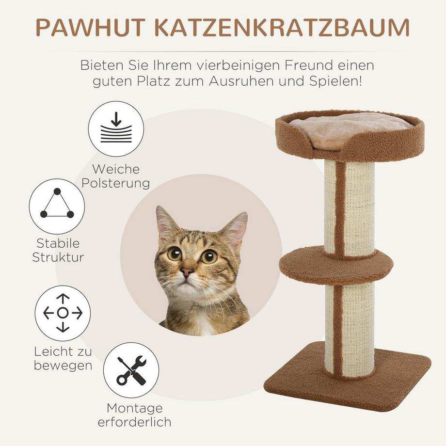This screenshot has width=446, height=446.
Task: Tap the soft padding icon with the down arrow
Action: tap(116, 128)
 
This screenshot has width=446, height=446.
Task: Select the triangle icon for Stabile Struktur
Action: tap(57, 207)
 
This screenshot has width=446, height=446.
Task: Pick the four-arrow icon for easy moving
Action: tap(63, 313)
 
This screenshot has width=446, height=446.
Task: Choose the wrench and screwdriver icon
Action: tap(131, 370)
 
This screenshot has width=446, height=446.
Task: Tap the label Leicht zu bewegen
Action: tap(63, 358)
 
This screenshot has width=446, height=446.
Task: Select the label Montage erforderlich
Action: tap(134, 415)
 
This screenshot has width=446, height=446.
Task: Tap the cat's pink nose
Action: tap(187, 271)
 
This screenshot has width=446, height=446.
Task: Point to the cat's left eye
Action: tap(175, 253)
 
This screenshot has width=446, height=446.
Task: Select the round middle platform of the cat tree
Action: tap(336, 266)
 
